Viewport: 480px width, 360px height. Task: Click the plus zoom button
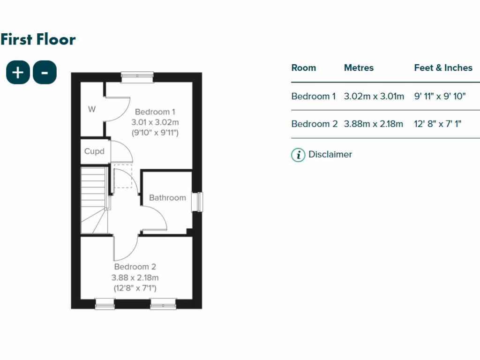point(18,73)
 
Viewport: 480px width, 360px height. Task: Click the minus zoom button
point(45,73)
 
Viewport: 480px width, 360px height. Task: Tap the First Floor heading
point(38,39)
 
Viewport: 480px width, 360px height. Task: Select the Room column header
point(304,67)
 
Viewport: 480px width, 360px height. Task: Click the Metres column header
point(359,67)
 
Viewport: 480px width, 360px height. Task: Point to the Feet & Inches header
point(443,67)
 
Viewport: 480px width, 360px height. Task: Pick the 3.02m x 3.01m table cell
point(374,97)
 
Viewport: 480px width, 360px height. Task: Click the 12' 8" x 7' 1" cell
point(438,124)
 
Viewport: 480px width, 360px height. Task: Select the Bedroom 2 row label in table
point(314,124)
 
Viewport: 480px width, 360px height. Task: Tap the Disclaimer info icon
point(298,155)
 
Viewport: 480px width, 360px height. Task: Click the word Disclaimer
point(330,154)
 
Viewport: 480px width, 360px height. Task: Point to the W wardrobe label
point(92,110)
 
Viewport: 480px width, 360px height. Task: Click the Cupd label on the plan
point(94,151)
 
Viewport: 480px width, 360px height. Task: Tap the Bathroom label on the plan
point(167,198)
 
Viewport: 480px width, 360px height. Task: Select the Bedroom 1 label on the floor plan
point(155,112)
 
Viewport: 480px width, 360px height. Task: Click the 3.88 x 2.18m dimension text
point(135,277)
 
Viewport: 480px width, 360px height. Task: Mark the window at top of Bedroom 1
point(137,77)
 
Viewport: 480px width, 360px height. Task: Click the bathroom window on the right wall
point(200,202)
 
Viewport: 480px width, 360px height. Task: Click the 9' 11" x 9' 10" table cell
point(440,97)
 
